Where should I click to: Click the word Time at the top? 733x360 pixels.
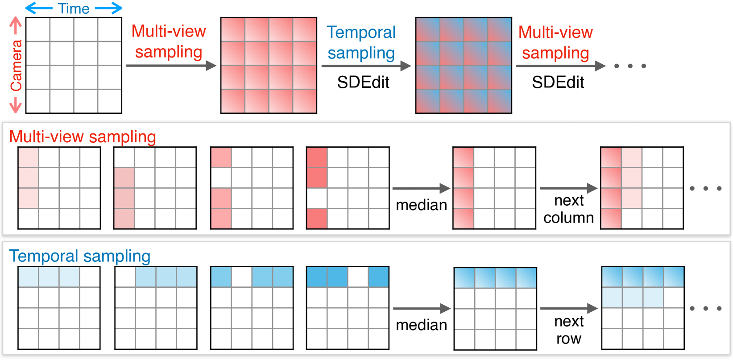pyautogui.click(x=74, y=8)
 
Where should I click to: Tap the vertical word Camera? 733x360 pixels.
pyautogui.click(x=16, y=65)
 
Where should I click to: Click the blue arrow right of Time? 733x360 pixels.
pyautogui.click(x=108, y=8)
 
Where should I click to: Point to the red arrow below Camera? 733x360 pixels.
pyautogui.click(x=16, y=104)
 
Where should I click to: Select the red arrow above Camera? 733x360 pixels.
pyautogui.click(x=16, y=25)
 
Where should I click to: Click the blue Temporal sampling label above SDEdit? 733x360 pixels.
pyautogui.click(x=361, y=42)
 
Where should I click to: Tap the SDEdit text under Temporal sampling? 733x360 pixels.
pyautogui.click(x=363, y=82)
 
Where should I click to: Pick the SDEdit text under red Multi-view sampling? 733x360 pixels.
pyautogui.click(x=558, y=82)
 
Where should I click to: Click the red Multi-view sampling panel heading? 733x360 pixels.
pyautogui.click(x=83, y=137)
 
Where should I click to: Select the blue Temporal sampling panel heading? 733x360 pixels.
pyautogui.click(x=80, y=256)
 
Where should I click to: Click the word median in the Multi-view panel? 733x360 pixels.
pyautogui.click(x=421, y=205)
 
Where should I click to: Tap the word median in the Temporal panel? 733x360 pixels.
pyautogui.click(x=421, y=325)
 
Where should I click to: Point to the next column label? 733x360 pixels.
pyautogui.click(x=568, y=209)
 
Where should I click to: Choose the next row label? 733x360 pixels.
pyautogui.click(x=568, y=330)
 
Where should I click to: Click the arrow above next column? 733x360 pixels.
pyautogui.click(x=568, y=188)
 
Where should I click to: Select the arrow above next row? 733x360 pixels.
pyautogui.click(x=568, y=308)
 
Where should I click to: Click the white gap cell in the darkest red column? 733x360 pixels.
pyautogui.click(x=317, y=198)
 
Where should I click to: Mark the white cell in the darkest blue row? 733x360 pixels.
pyautogui.click(x=358, y=277)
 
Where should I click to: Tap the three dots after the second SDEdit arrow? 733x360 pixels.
pyautogui.click(x=630, y=66)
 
